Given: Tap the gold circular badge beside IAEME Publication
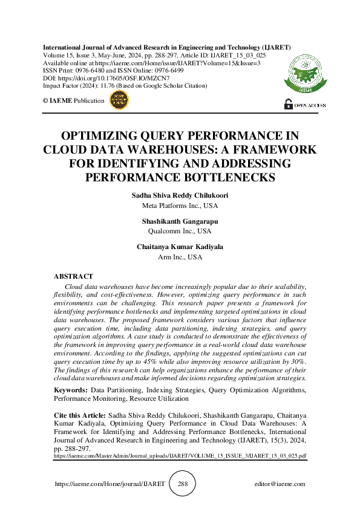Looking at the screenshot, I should point(119,101).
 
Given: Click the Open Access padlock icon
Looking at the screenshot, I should point(288,105).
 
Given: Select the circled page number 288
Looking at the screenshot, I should point(183,484).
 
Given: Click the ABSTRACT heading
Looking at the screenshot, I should point(73,276).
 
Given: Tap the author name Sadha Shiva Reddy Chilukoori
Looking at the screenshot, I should point(180,196).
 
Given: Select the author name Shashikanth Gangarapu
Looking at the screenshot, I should point(180,222).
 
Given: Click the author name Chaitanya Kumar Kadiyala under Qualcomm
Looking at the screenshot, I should point(180,247).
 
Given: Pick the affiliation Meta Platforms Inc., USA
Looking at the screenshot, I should point(180,206).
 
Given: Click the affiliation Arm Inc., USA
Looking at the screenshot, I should point(180,256).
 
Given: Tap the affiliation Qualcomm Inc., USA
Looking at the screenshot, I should point(180,231).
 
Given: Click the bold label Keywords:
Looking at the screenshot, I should point(70,391).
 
